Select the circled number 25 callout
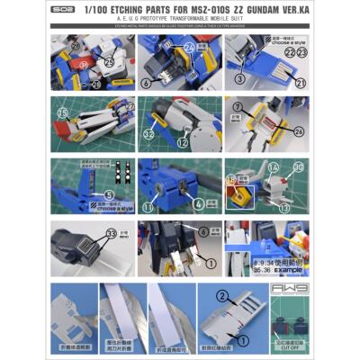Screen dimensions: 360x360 (108, 62)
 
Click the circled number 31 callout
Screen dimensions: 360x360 (83, 66)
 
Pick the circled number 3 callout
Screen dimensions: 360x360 (240, 80)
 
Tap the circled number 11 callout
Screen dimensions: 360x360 (148, 206)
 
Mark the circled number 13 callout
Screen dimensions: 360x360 (284, 208)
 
